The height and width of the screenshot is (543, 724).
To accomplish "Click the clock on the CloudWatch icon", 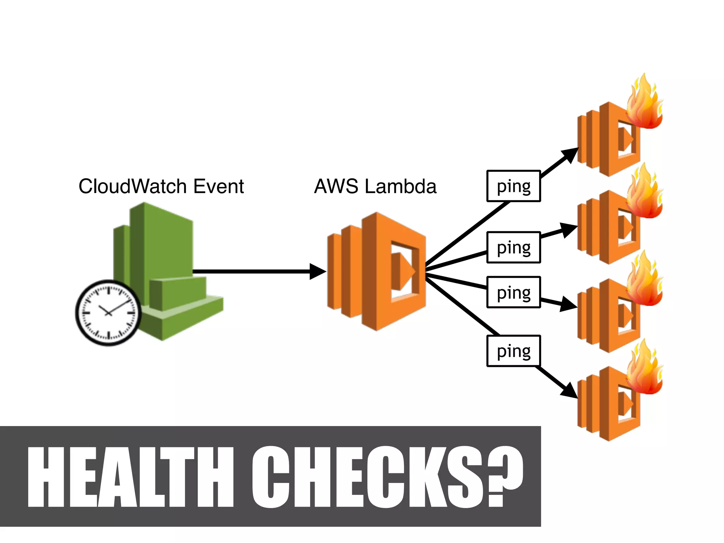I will tap(109, 313).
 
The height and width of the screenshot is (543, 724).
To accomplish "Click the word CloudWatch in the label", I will tap(133, 186).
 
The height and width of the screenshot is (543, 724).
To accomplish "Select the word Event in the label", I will tap(219, 186).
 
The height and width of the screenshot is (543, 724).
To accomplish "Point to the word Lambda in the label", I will tap(401, 186).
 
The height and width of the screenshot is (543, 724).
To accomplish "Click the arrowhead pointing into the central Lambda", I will tap(317, 271).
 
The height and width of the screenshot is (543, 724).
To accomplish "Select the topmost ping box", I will tap(513, 186).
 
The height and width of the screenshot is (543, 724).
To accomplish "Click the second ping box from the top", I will tap(513, 247).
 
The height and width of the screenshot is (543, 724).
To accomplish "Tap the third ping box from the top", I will tap(513, 292).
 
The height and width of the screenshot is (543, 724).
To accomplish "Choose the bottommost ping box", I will tap(513, 351).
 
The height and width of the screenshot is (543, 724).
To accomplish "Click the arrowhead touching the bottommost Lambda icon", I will tap(570, 391).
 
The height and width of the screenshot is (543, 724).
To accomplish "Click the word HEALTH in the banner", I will tap(131, 477).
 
